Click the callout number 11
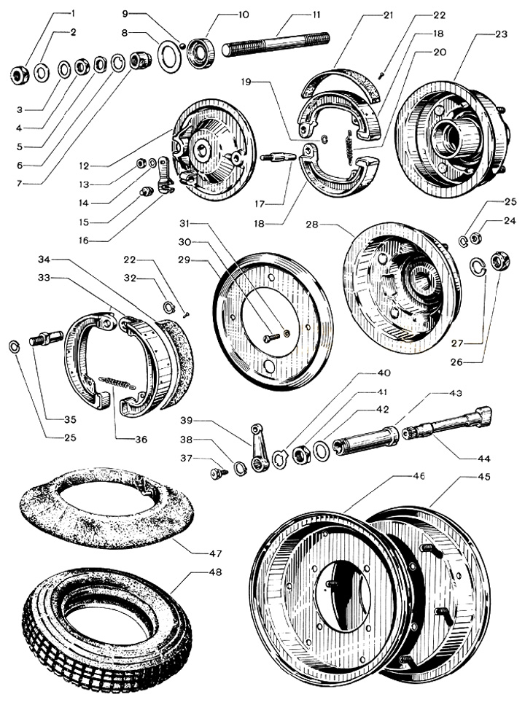(316, 15)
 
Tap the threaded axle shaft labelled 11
(275, 44)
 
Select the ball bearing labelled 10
(201, 52)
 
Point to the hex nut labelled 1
(20, 74)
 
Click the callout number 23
(501, 34)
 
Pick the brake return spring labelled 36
(117, 383)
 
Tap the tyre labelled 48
(107, 629)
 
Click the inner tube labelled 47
(106, 507)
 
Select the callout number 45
(484, 477)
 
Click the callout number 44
(484, 459)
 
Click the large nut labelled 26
(499, 260)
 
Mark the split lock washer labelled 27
(478, 266)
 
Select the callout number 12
(84, 166)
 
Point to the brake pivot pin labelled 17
(278, 157)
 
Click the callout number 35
(70, 419)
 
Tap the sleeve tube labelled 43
(366, 440)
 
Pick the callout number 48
(216, 572)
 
